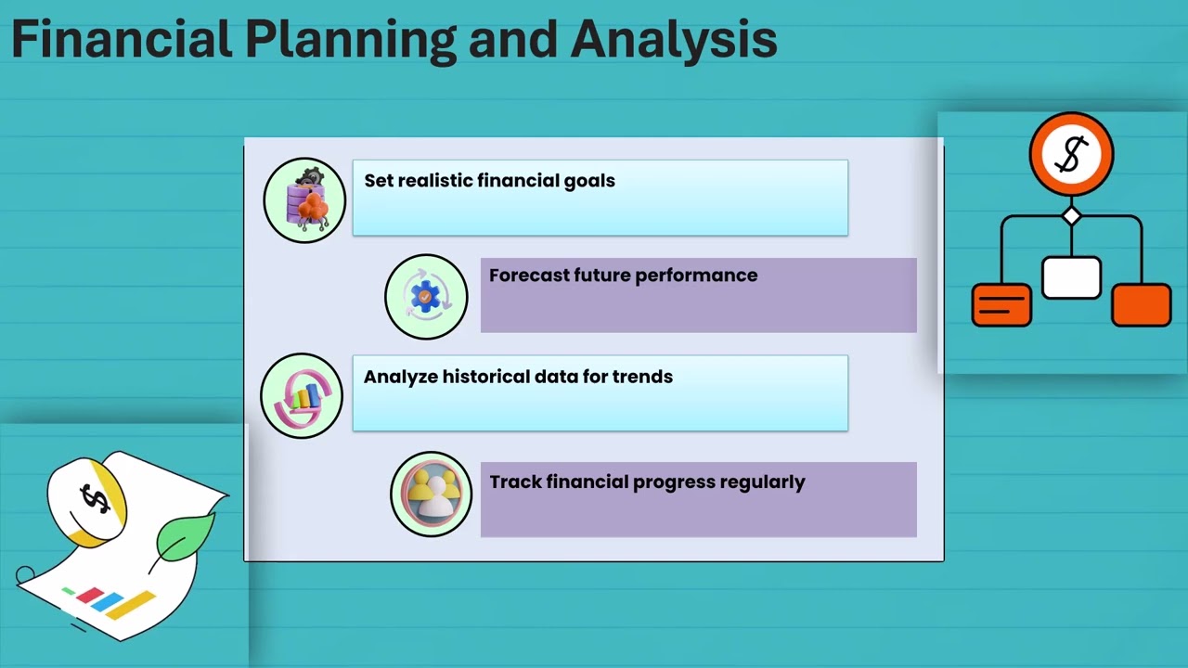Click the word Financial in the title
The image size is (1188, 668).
point(121,39)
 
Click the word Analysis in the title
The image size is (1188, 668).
point(674,39)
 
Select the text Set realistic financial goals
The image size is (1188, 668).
point(489,181)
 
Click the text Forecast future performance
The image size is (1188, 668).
point(623,276)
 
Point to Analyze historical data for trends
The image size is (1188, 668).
point(518,377)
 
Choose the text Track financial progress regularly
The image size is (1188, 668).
point(647,482)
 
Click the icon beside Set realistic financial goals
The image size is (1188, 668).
point(304,200)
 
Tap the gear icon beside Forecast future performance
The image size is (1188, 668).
point(426,297)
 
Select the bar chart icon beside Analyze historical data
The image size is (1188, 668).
point(302,396)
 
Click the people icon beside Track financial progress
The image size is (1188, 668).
point(432,495)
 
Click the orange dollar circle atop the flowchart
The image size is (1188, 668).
point(1071,154)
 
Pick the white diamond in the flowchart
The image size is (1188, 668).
point(1071,216)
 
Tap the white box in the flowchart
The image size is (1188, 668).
point(1071,277)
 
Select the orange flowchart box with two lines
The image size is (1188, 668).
point(1001,305)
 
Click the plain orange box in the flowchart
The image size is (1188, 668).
point(1141,305)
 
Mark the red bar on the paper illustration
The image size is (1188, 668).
point(89,595)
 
